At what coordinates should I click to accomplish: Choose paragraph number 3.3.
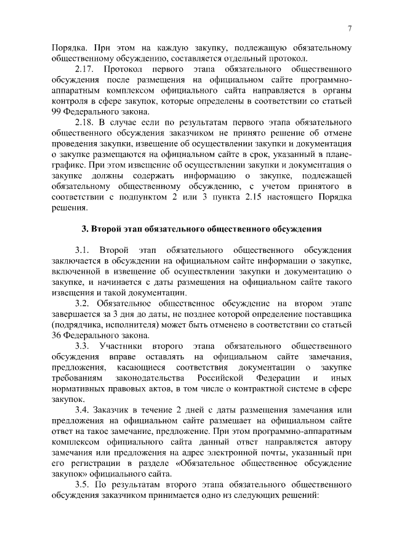click(x=82, y=347)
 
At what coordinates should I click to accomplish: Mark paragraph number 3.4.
click(x=82, y=411)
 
